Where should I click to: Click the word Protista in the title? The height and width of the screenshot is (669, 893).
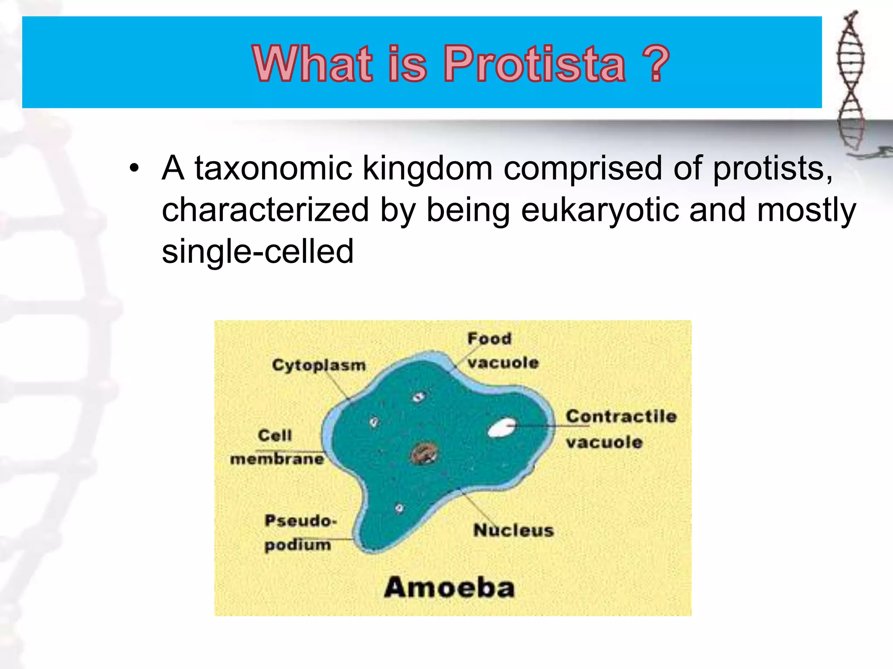point(535,64)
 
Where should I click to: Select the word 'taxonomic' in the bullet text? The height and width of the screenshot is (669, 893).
point(273,169)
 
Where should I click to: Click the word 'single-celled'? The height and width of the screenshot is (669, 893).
point(257,252)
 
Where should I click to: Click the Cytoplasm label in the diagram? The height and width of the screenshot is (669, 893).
point(319,365)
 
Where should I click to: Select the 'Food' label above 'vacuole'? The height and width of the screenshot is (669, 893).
point(489,338)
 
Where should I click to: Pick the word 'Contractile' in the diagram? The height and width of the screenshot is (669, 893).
point(621,416)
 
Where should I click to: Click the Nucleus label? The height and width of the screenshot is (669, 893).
point(513,530)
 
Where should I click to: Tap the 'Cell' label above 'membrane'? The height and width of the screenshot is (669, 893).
point(275,435)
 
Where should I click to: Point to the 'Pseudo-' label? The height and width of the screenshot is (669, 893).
point(300,520)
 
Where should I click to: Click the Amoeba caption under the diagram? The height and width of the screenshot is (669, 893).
point(449,588)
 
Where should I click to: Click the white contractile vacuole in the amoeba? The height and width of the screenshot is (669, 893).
point(502,428)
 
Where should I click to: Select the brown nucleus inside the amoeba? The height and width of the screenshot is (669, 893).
point(424,454)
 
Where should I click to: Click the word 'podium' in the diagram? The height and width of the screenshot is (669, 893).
point(298,545)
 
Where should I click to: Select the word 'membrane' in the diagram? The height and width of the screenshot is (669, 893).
point(277,459)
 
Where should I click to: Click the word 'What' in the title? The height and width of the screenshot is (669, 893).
point(312,64)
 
